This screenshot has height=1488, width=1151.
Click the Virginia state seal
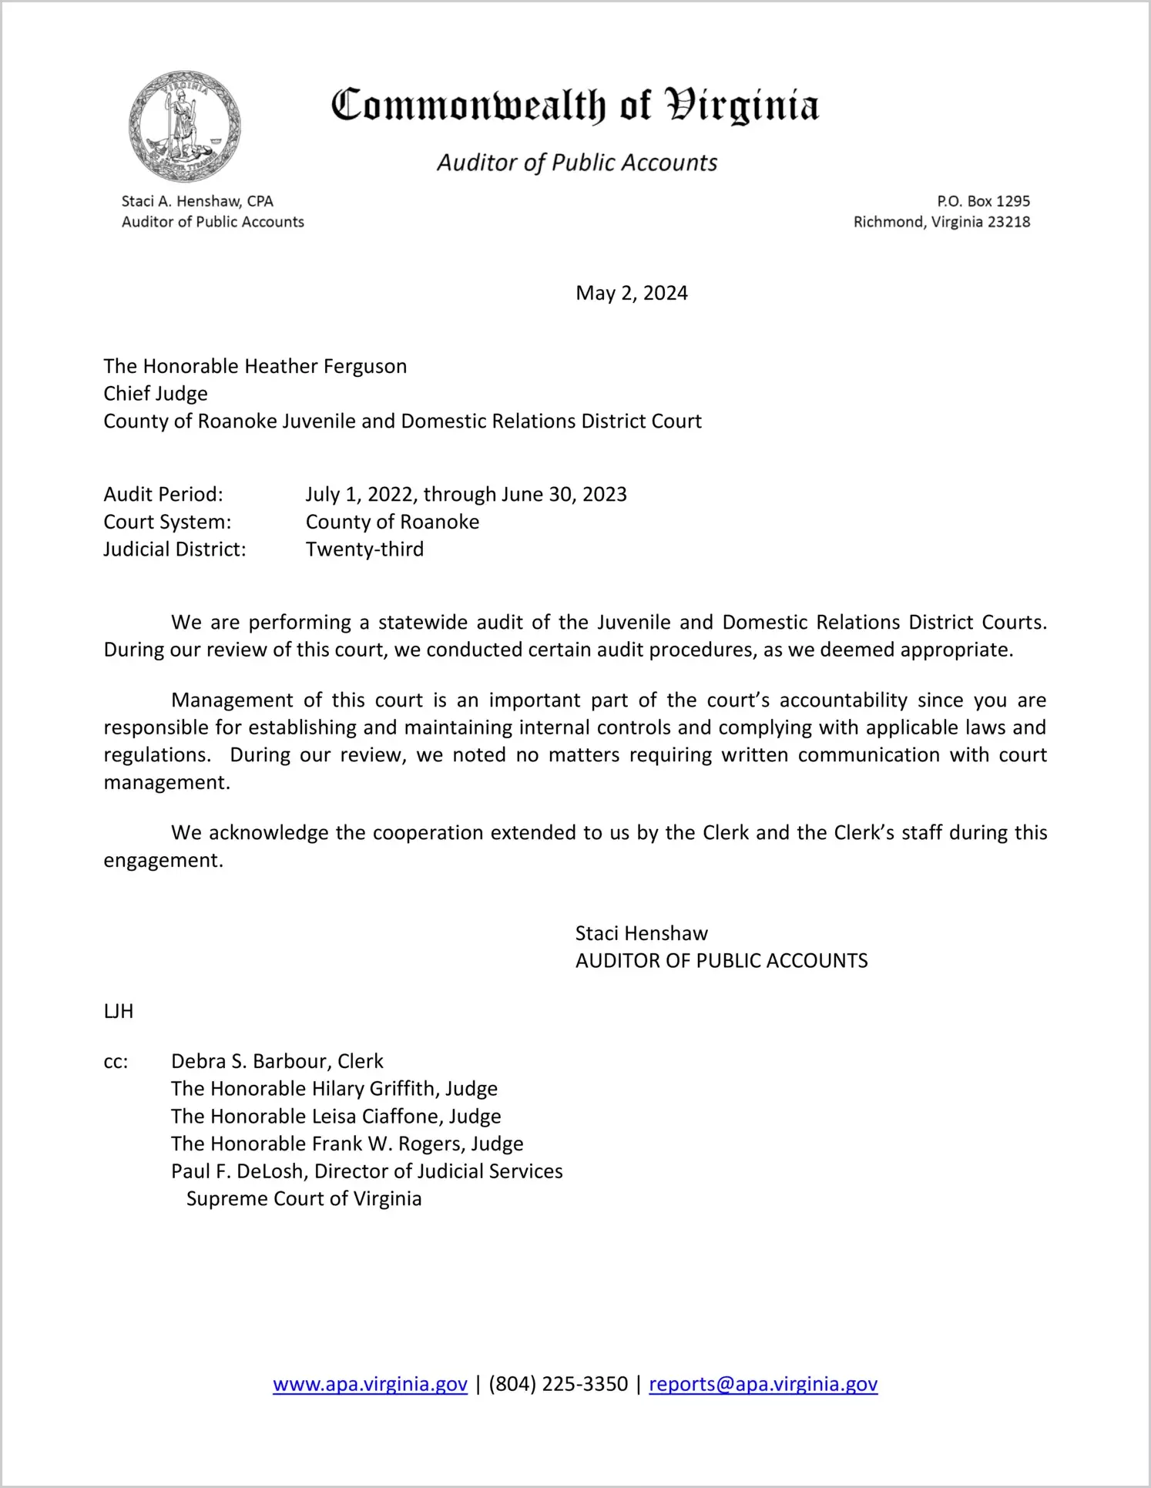pos(185,127)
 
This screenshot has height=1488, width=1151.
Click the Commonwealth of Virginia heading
pos(575,106)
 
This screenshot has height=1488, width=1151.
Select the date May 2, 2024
pos(631,294)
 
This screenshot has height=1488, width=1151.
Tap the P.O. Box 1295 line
pos(983,201)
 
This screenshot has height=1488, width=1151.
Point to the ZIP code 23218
pos(1008,222)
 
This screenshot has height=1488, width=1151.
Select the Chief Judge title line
pos(156,394)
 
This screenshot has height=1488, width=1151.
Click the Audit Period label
pos(163,495)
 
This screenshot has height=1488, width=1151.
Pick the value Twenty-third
pos(364,549)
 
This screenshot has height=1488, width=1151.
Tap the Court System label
pos(167,522)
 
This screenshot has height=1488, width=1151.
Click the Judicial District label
pos(175,549)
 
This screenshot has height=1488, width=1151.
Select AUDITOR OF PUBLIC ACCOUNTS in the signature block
pos(721,961)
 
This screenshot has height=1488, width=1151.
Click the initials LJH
pos(119,1012)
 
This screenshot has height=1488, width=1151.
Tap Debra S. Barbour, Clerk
pos(277,1062)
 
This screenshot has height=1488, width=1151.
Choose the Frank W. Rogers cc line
pos(347,1144)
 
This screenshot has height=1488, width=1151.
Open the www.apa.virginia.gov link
pos(370,1385)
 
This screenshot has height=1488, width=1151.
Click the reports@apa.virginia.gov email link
pos(763,1385)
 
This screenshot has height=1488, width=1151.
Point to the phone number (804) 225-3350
pos(558,1385)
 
